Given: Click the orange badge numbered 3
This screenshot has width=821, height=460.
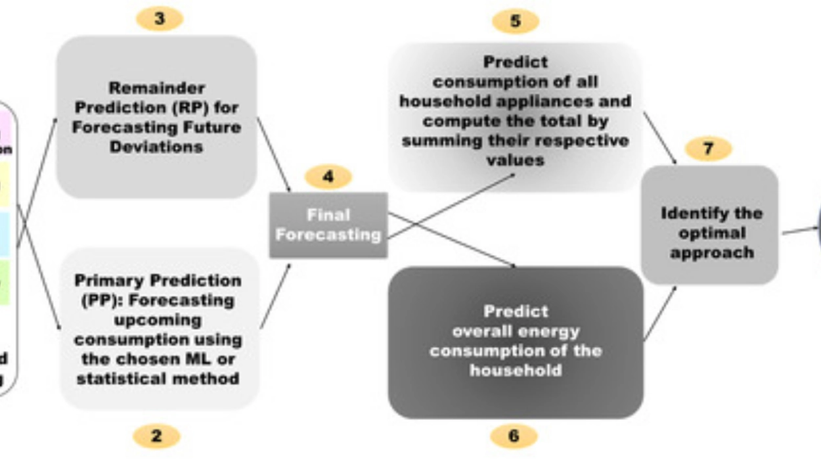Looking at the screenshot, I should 160,19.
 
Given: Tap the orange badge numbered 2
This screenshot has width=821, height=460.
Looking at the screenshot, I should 156,435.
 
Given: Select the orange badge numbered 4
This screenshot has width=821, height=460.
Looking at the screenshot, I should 328,177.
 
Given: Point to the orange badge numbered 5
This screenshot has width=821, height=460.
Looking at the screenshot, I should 516,21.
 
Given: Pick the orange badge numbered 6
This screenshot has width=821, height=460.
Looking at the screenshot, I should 514,436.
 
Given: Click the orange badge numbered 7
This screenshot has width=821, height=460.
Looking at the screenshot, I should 708,149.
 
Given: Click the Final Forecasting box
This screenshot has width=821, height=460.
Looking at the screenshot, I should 328,225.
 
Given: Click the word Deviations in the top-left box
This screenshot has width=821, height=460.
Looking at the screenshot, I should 156,147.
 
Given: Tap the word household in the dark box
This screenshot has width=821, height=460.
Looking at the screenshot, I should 516,370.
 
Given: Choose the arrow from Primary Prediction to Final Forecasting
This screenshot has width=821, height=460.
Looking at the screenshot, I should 276,294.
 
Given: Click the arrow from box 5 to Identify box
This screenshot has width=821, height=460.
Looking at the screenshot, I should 659,137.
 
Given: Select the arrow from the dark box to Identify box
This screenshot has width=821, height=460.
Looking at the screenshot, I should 659,313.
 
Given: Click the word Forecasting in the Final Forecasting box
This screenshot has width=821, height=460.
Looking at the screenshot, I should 328,235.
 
